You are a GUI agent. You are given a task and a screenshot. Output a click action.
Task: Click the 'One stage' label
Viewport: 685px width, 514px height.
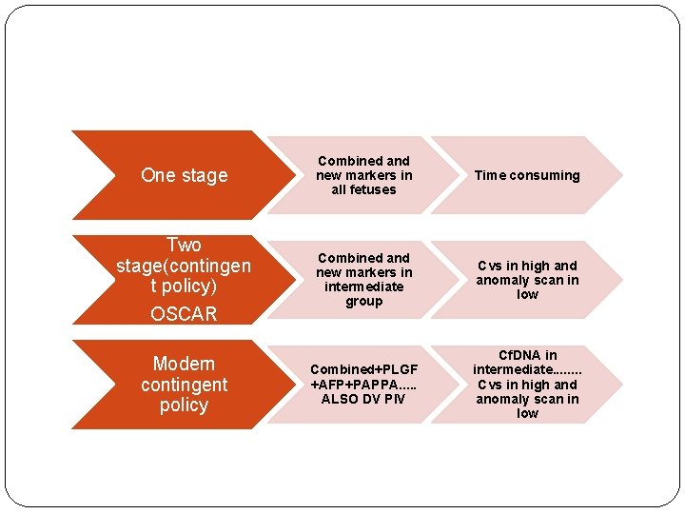coord(184,175)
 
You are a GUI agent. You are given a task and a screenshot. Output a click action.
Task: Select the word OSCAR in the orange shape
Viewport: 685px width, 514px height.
coord(184,314)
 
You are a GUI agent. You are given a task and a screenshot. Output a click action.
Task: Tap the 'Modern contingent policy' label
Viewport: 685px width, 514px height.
coord(184,385)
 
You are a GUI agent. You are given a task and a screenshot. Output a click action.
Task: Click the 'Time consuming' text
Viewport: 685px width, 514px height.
coord(527,175)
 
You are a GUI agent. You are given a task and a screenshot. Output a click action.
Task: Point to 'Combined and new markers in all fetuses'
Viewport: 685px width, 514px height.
coord(363,175)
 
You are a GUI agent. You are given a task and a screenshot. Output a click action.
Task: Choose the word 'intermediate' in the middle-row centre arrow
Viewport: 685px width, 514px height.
coord(363,287)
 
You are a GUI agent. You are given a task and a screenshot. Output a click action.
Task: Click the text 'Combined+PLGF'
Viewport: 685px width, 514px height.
coord(363,369)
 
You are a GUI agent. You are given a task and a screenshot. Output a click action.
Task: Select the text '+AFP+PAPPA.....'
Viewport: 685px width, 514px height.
coord(363,385)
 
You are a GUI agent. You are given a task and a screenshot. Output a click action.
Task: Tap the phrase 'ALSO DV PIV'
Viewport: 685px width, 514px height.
coord(363,399)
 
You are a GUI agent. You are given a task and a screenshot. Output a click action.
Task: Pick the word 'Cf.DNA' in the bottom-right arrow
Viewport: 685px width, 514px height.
coord(527,355)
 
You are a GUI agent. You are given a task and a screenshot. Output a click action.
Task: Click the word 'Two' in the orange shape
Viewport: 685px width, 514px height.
coord(184,245)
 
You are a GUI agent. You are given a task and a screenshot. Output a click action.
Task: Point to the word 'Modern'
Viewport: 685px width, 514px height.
coord(184,364)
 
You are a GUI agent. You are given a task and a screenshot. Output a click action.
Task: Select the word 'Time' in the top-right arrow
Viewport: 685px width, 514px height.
coord(492,175)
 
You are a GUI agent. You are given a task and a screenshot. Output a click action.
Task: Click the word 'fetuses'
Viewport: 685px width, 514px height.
coord(363,189)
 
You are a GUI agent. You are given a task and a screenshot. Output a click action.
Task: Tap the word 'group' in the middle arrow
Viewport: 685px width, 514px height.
coord(363,301)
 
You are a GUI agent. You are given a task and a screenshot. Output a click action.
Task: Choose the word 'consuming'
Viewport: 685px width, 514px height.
coord(545,175)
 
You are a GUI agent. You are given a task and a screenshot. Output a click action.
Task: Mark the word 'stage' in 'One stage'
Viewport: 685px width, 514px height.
coord(205,175)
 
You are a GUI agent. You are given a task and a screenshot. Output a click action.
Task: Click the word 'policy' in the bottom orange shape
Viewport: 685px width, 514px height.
coord(184,405)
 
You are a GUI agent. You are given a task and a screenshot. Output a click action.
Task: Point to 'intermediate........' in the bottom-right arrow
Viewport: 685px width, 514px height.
coord(527,369)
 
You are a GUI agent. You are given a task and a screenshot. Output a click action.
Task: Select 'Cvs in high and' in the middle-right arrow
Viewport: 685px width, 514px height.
coord(527,266)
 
